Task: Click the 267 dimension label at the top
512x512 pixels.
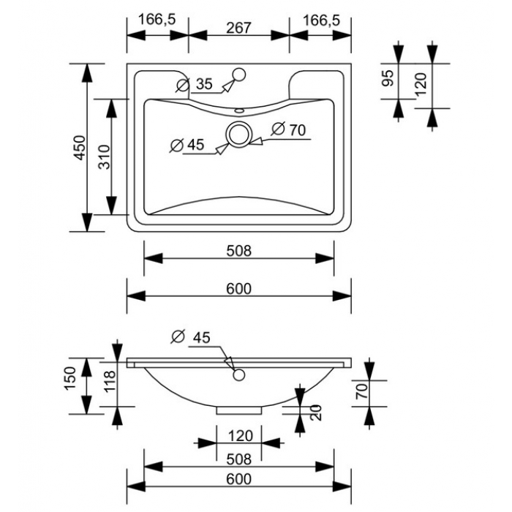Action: click(x=238, y=28)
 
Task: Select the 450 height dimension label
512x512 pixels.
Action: click(x=80, y=148)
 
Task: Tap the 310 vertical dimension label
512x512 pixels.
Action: click(x=105, y=157)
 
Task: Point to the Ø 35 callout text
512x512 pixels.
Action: click(x=195, y=84)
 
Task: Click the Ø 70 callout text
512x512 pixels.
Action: click(x=289, y=129)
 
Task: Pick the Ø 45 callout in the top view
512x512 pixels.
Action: click(x=187, y=145)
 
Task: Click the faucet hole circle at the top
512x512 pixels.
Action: click(x=240, y=75)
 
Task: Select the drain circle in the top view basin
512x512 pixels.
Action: click(x=239, y=134)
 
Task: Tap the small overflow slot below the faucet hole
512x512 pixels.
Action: click(x=239, y=110)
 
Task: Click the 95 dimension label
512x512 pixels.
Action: click(x=388, y=78)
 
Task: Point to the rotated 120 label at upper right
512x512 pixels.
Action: click(x=421, y=83)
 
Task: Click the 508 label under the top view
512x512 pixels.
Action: click(x=239, y=251)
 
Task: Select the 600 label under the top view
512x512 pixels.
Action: click(x=239, y=289)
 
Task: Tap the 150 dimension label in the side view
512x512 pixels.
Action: click(x=70, y=378)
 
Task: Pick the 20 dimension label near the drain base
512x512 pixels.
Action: click(x=316, y=413)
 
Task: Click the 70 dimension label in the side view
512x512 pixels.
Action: click(x=362, y=391)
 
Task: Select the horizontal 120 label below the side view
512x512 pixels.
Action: click(x=241, y=436)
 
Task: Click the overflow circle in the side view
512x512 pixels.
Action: click(x=239, y=374)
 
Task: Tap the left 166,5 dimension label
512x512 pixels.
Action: click(x=157, y=20)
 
